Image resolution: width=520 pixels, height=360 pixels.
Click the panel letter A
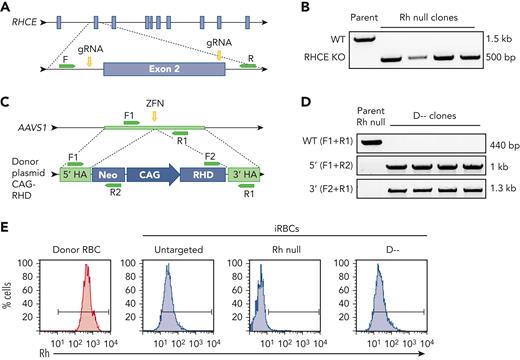pyautogui.click(x=7, y=7)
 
